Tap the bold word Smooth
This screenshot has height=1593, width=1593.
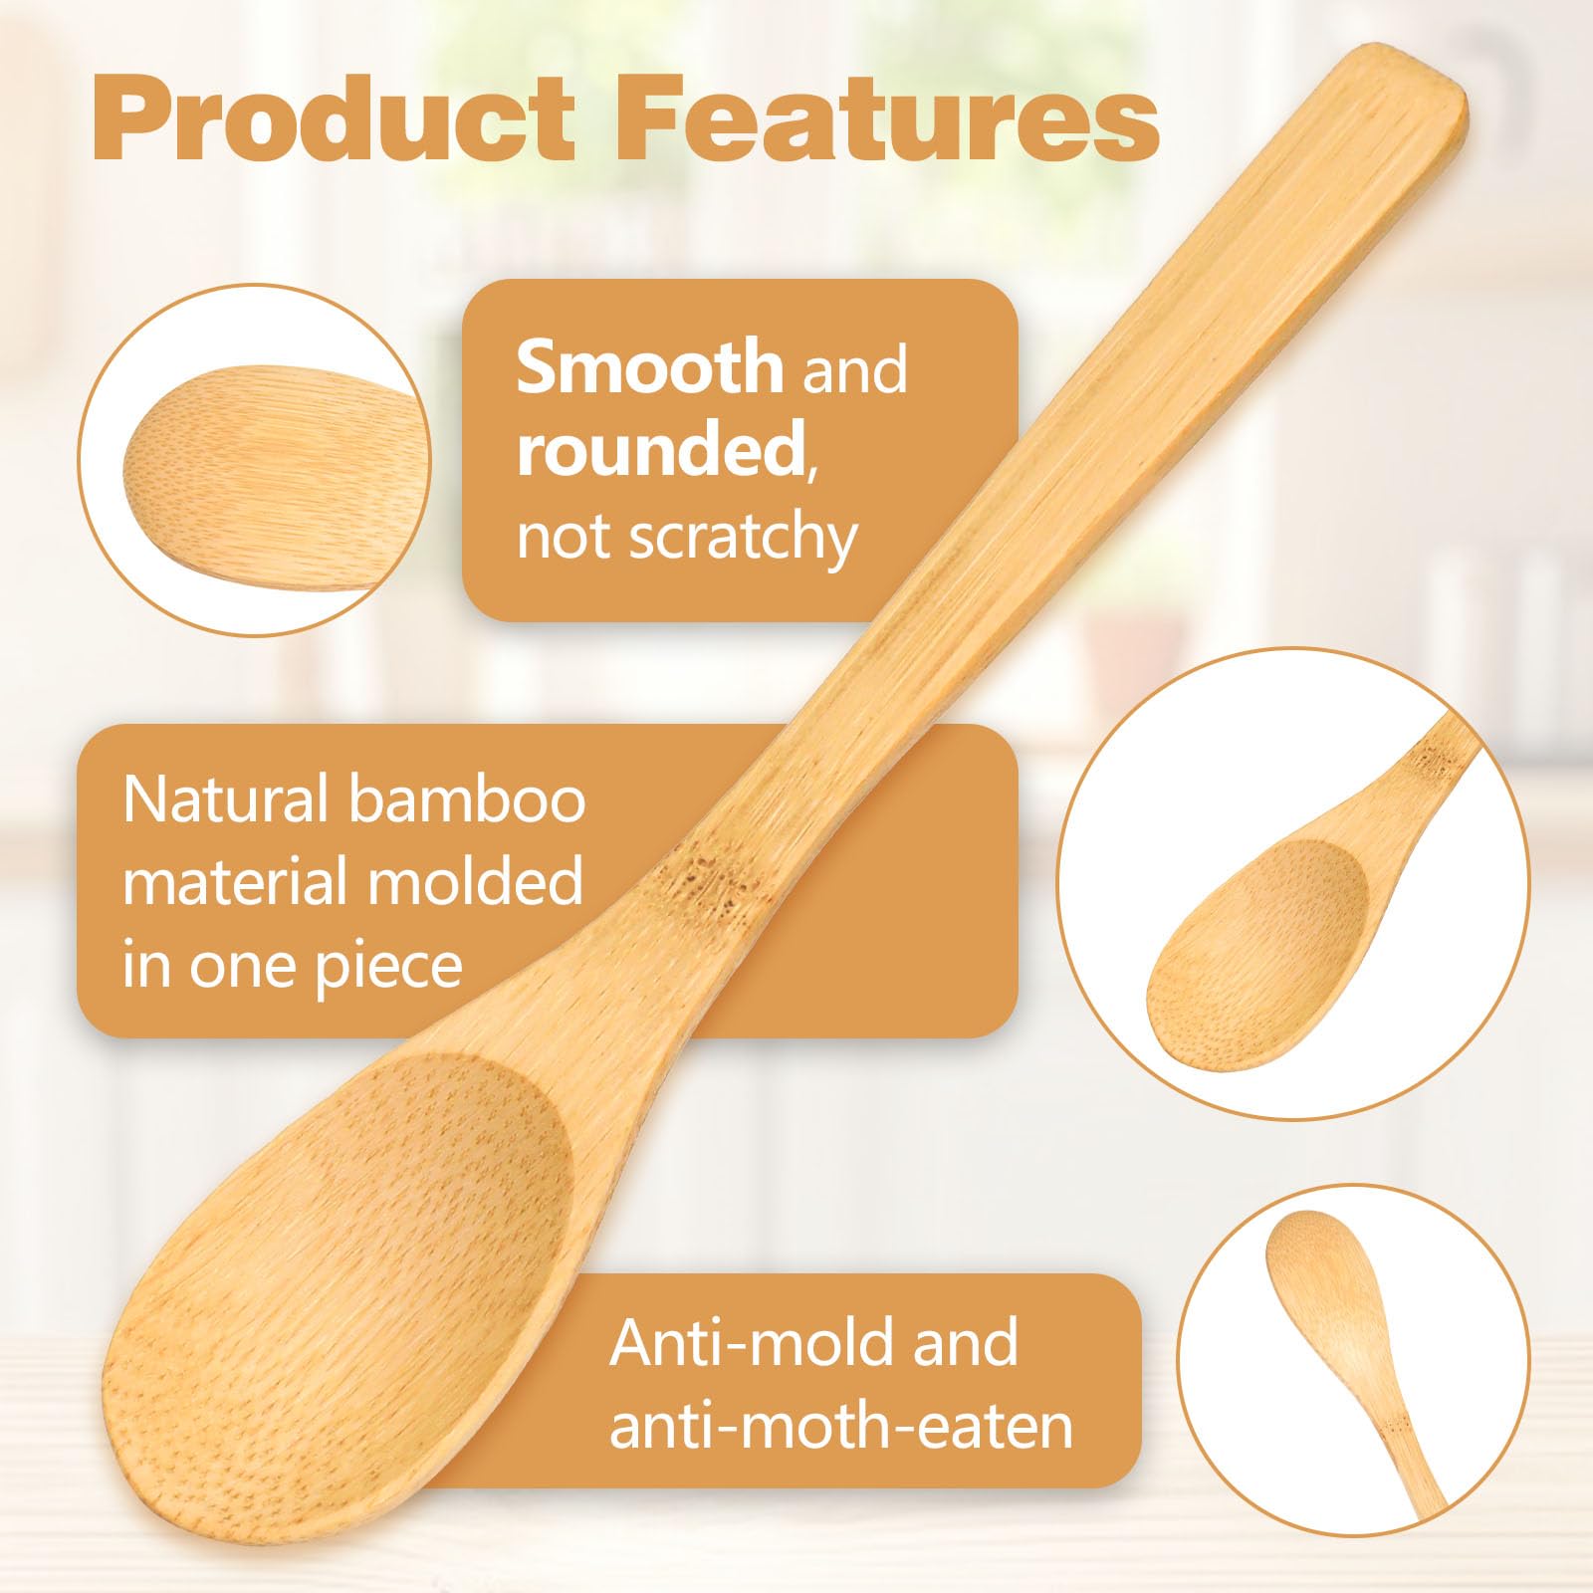coord(650,366)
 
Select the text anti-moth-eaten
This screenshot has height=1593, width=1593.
coord(841,1426)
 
